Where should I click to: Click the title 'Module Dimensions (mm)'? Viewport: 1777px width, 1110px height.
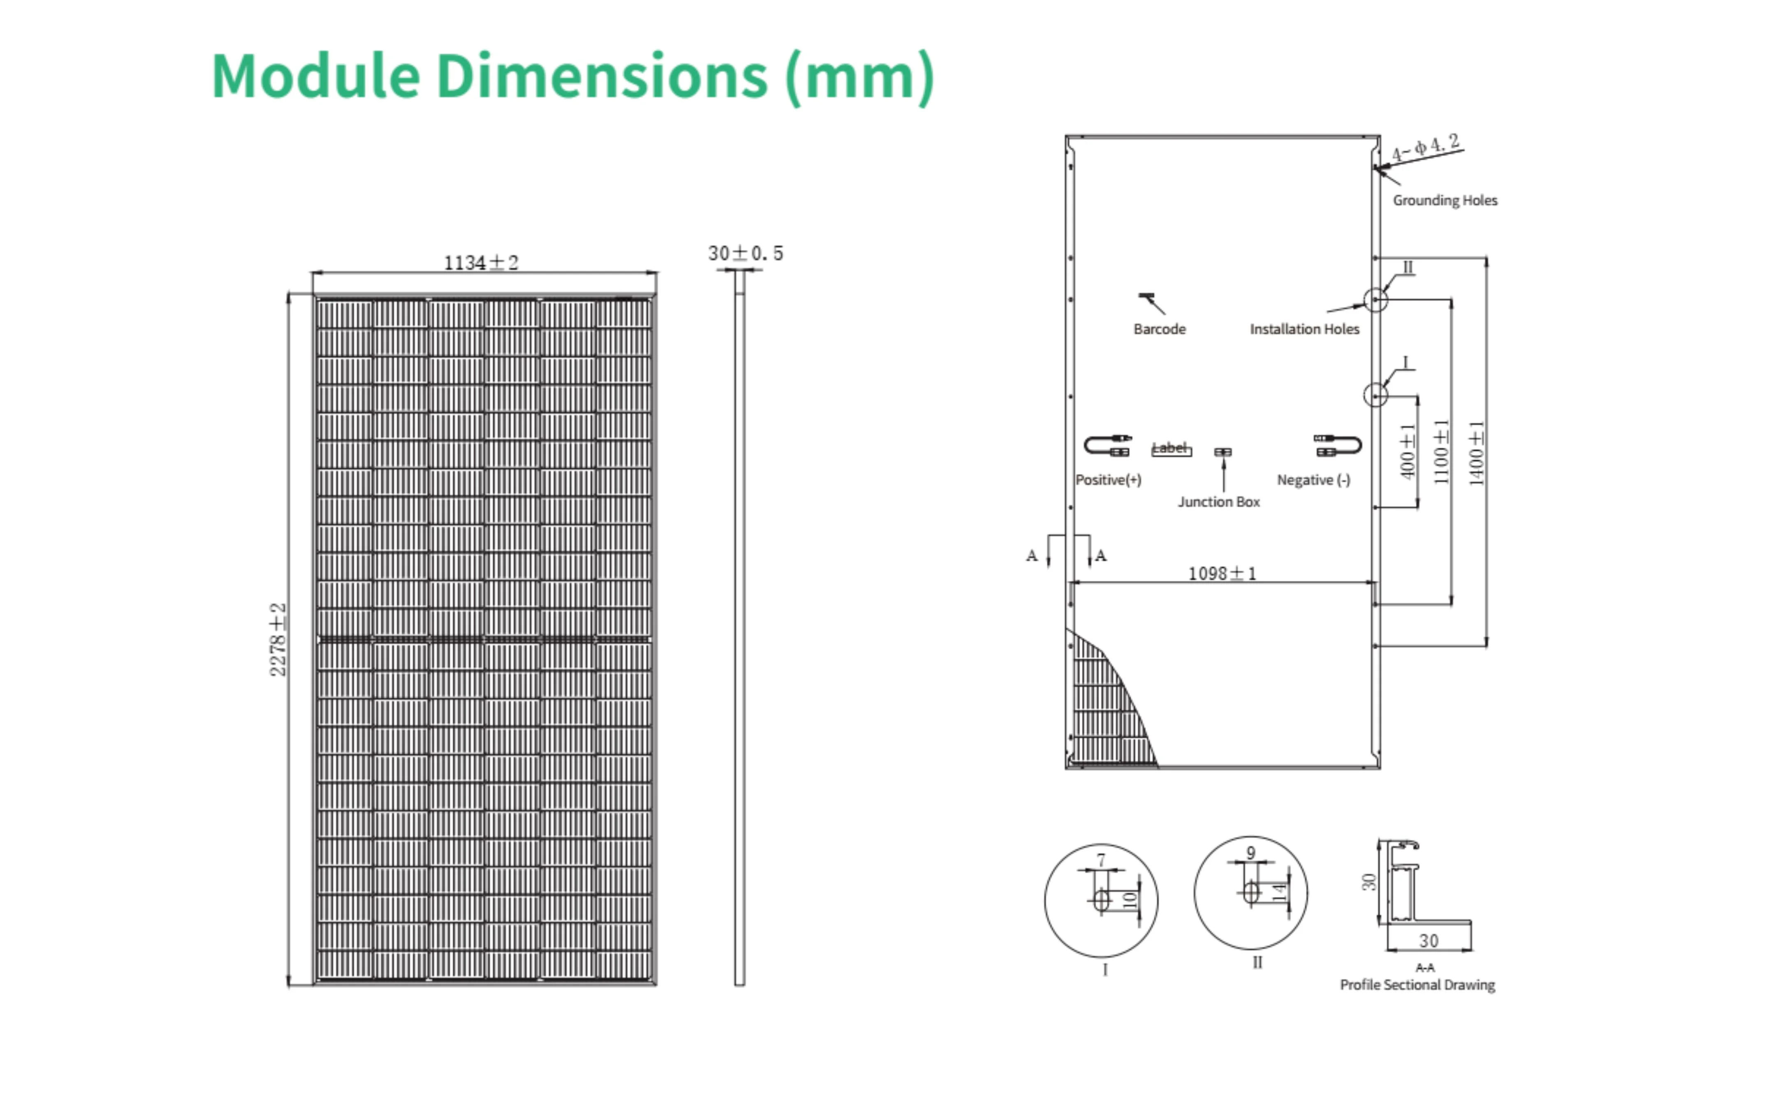(x=573, y=76)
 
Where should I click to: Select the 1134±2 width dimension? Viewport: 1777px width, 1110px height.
(x=481, y=262)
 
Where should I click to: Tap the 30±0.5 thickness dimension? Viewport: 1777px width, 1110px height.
(x=745, y=253)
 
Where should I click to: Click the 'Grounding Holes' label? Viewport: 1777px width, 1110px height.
(x=1444, y=201)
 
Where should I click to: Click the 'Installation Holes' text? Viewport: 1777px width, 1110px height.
(x=1304, y=329)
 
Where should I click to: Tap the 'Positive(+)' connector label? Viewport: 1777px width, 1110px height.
(x=1108, y=480)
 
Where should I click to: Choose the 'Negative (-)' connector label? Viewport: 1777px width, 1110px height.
(x=1313, y=480)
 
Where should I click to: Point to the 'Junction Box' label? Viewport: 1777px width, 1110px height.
(x=1219, y=502)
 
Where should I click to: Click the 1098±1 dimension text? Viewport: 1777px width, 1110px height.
(x=1222, y=573)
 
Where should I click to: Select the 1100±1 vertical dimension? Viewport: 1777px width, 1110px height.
(x=1441, y=451)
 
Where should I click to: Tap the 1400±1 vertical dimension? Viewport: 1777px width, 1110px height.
(x=1476, y=453)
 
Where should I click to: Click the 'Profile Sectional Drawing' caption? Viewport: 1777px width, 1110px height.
(x=1417, y=985)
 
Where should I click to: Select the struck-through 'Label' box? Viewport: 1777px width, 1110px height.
(x=1170, y=449)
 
